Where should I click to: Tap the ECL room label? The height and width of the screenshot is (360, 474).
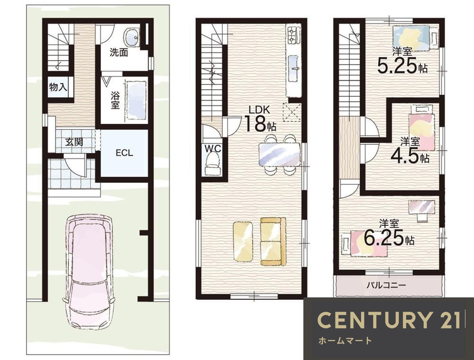124,153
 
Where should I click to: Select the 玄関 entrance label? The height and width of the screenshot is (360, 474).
74,141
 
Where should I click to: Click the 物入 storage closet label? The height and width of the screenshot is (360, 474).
58,87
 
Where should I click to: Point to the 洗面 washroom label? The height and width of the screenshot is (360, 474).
118,53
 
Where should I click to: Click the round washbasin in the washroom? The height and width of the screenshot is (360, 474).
132,37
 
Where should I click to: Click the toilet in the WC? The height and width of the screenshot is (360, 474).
212,164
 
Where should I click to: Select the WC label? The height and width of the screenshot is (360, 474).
213,148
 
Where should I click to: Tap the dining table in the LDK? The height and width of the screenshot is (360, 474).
279,155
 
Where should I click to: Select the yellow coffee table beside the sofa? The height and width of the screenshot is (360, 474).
242,241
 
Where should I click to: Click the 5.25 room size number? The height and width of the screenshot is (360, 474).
397,65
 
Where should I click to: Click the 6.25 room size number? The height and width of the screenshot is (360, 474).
383,237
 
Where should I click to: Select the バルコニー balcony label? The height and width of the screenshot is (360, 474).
386,285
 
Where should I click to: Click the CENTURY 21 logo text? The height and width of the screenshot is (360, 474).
389,320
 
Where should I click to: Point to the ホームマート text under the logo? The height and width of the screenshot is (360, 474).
345,341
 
